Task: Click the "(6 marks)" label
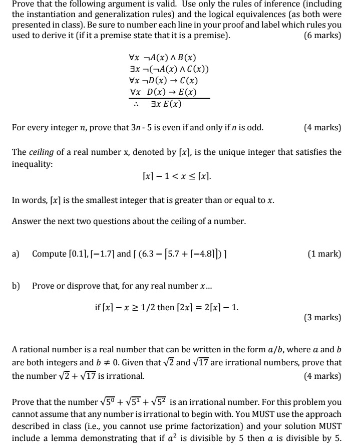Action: (322, 35)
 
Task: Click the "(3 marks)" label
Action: (322, 317)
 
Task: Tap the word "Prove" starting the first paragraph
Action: (23, 4)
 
